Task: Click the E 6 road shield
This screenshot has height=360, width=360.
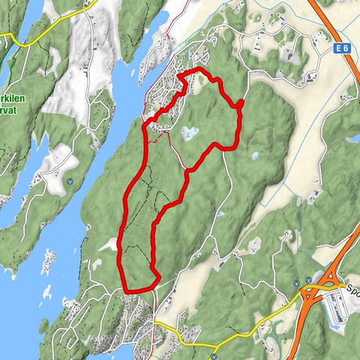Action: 341,47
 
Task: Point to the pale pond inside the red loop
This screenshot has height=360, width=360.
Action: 190,133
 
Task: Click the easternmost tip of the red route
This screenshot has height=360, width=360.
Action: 241,104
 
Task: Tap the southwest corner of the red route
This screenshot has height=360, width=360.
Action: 125,288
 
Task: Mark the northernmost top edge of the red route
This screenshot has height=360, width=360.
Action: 199,70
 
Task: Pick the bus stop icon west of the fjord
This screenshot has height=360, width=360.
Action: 70,180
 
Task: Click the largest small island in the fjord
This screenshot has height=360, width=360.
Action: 50,259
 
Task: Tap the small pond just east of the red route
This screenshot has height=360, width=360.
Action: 255,156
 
